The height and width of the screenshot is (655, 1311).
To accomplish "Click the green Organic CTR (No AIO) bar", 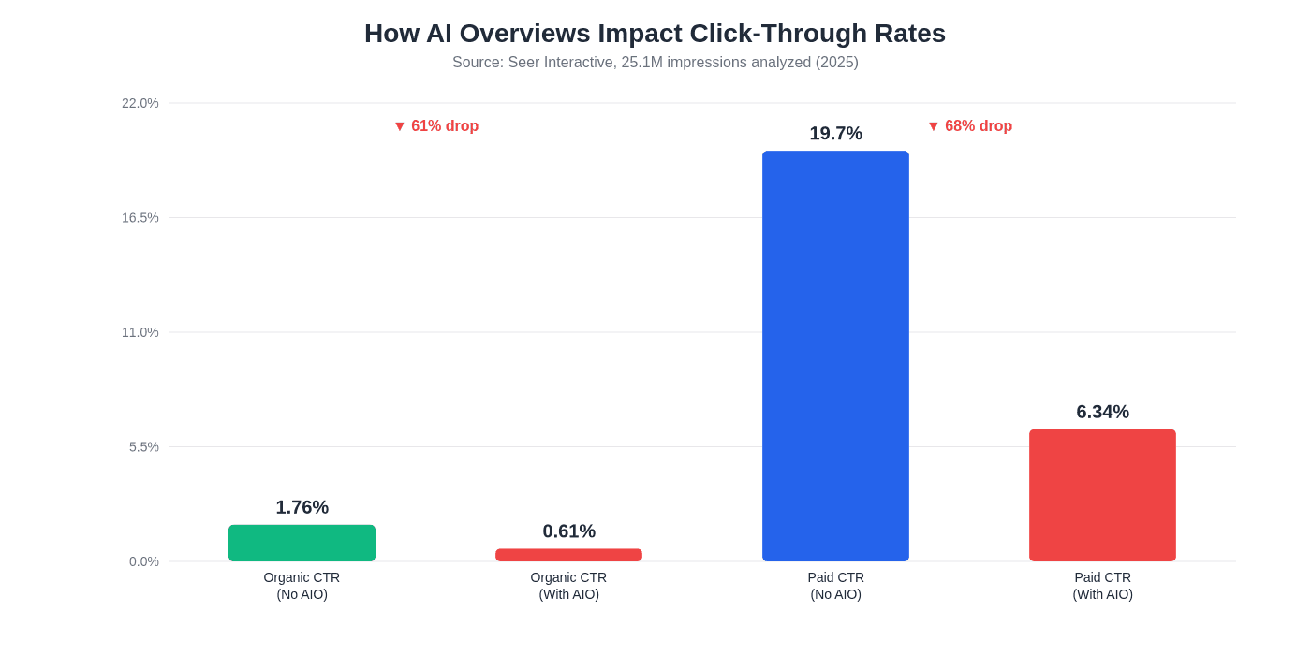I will [x=302, y=544].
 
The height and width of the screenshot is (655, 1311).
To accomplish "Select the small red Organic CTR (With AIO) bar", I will [x=568, y=555].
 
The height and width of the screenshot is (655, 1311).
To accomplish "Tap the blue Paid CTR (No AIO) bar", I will [x=835, y=356].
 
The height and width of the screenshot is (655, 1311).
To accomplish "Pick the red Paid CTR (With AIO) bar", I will [x=1102, y=495].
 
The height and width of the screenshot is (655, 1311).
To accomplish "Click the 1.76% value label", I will [x=302, y=507].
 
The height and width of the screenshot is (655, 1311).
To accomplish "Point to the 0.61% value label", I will [x=568, y=531].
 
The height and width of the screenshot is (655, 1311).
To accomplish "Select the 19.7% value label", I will [x=835, y=134].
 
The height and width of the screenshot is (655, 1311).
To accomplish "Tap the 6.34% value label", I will [x=1102, y=412].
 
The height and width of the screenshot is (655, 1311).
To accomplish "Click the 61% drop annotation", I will [x=436, y=126].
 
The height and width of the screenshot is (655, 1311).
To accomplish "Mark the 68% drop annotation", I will [x=970, y=126].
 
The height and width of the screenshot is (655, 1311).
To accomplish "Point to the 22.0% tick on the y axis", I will [x=140, y=103].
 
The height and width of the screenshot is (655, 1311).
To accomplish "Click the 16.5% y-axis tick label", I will [x=140, y=218].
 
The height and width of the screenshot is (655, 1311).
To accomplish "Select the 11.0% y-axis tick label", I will [x=140, y=332].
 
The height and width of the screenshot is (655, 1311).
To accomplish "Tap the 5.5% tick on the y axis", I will [x=144, y=447].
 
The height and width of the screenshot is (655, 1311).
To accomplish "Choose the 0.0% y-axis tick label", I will [x=144, y=561].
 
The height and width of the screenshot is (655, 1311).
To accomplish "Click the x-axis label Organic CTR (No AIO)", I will [x=302, y=586].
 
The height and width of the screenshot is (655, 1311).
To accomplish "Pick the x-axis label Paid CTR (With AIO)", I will [x=1102, y=586].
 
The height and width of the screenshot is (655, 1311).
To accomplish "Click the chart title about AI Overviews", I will [x=655, y=34].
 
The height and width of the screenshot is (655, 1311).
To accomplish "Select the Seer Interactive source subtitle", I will [x=655, y=63].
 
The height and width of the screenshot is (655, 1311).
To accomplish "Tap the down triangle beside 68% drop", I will [x=934, y=126].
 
